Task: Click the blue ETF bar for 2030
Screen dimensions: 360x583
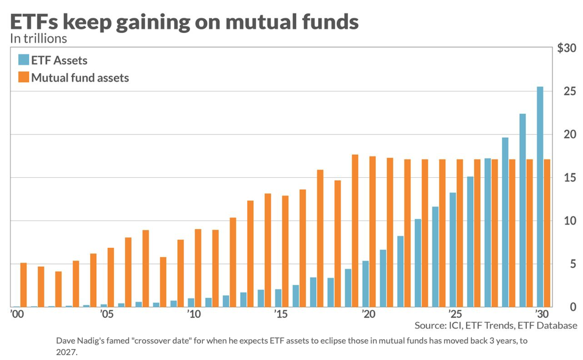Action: pos(540,197)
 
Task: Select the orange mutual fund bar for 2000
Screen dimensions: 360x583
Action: pos(23,285)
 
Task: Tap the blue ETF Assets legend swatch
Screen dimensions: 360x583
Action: pos(24,60)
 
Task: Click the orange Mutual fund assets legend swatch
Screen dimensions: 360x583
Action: pos(24,77)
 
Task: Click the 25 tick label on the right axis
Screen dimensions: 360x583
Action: pos(568,91)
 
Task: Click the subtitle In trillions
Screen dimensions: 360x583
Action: pos(38,38)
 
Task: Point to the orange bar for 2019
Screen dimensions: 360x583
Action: pos(355,231)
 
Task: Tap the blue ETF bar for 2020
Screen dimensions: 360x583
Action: pos(366,284)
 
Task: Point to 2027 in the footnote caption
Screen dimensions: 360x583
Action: pos(66,351)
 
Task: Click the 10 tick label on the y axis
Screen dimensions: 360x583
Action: pos(568,221)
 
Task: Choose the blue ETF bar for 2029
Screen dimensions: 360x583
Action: pos(523,210)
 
